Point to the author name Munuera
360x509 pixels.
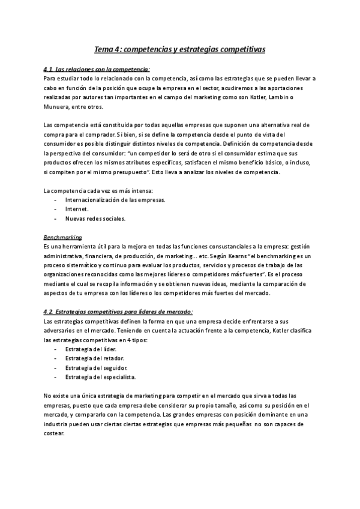pos(58,107)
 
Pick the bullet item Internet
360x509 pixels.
pos(77,209)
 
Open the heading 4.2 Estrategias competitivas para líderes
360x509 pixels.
pos(119,312)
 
